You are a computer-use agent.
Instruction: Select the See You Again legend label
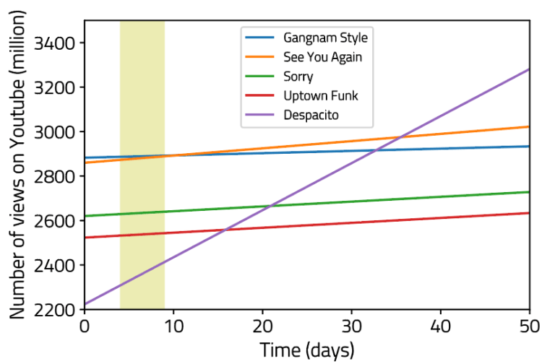click(x=322, y=56)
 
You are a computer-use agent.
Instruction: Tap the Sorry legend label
click(x=298, y=76)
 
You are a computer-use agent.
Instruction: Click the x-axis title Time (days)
click(x=307, y=350)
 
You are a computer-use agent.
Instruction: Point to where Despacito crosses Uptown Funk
click(x=226, y=230)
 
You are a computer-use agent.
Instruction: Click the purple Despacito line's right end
click(x=529, y=69)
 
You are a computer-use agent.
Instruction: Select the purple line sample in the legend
click(x=260, y=115)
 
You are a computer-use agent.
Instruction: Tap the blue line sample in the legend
click(x=260, y=37)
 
